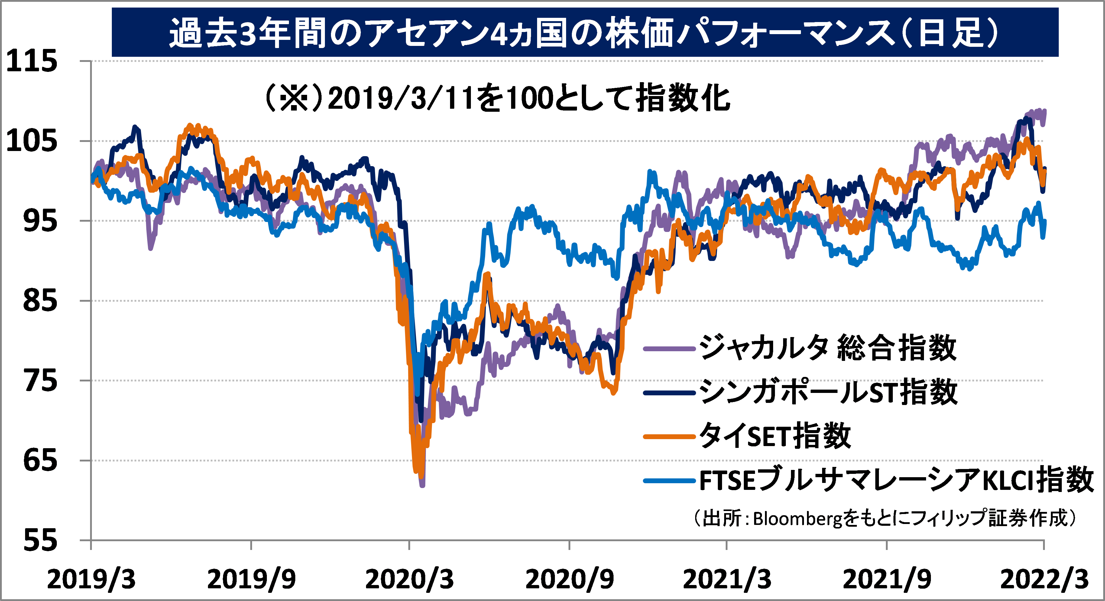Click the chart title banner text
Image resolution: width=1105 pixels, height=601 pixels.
coord(584,33)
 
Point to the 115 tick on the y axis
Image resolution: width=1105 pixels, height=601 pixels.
coord(32,61)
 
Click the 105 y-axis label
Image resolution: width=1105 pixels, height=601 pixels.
coord(32,141)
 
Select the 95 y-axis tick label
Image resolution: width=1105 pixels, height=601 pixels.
coord(40,221)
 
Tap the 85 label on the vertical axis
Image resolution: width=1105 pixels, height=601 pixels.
coord(40,300)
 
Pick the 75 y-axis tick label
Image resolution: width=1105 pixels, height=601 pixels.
coord(40,380)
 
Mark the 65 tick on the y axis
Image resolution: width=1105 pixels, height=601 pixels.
coord(40,460)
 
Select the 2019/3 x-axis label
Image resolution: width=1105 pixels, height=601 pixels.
coord(91,580)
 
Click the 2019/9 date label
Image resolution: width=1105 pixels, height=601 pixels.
coord(251,580)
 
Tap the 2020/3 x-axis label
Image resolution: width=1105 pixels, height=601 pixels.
coord(409,580)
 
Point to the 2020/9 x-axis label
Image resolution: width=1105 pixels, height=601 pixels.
coord(569,580)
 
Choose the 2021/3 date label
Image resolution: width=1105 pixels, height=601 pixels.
coord(727,580)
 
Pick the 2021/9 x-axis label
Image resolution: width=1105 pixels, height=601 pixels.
coord(887,580)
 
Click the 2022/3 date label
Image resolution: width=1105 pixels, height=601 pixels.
coord(1044,580)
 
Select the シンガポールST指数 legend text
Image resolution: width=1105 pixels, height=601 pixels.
coord(828,392)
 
